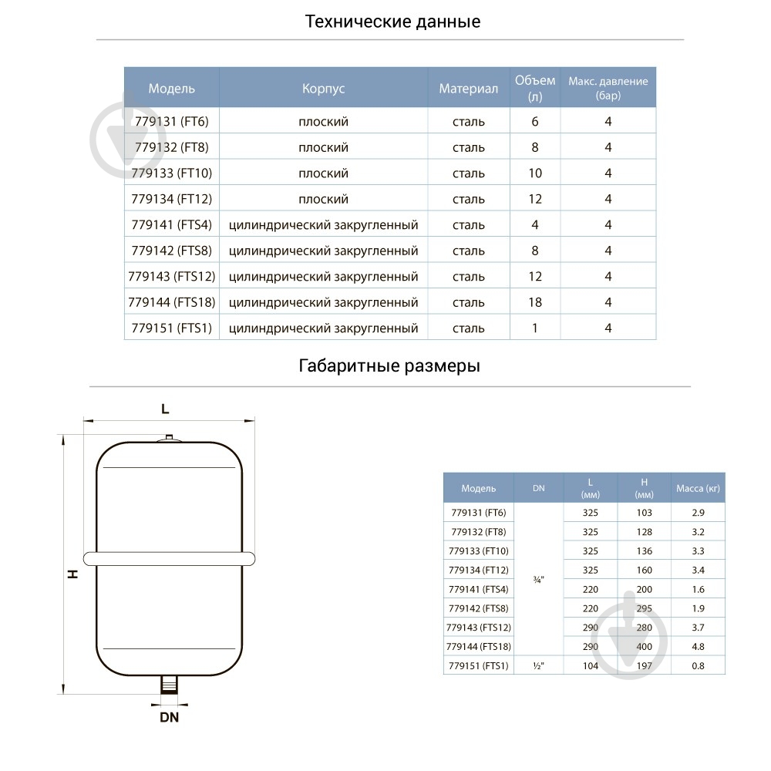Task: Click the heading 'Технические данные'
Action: [x=392, y=22]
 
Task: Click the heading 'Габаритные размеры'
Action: [x=389, y=366]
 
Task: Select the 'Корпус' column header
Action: [x=323, y=89]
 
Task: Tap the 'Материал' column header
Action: [x=469, y=89]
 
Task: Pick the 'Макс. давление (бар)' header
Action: [x=608, y=88]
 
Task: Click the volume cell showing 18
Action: [x=535, y=302]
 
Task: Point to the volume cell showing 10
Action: [x=535, y=173]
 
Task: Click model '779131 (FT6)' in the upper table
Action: [x=171, y=122]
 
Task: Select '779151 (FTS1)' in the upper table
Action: [x=171, y=328]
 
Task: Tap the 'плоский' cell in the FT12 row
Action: [x=323, y=199]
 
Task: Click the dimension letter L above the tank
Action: [x=165, y=409]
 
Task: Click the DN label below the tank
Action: [x=169, y=717]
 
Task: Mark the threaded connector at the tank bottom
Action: [x=169, y=684]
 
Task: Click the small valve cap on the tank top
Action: [x=169, y=439]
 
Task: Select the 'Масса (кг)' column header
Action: [x=698, y=488]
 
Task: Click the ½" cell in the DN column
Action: [x=538, y=665]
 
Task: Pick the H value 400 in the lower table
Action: [x=644, y=647]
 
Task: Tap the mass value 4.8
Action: [x=698, y=647]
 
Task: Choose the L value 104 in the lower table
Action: [x=591, y=665]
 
